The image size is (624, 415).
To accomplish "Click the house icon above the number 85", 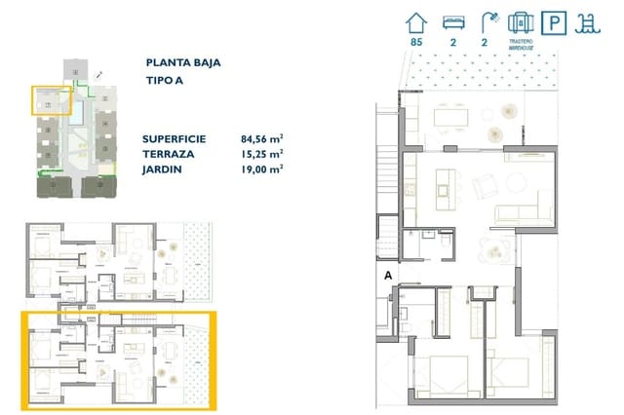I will tap(417, 21).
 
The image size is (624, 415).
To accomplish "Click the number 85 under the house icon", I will tap(417, 43).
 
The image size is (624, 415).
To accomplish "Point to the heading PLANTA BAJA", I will tap(181, 62).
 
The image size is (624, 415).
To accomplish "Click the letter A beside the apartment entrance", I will tap(387, 276).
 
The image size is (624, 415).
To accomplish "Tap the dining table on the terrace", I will tap(449, 118).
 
